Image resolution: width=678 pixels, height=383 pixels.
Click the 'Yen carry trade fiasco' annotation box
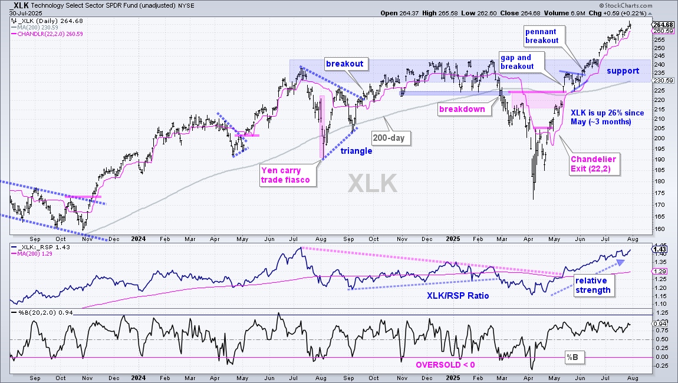[x=288, y=175]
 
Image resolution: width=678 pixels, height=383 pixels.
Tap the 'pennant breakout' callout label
[x=542, y=36]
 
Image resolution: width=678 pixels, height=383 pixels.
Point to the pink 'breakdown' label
[x=462, y=109]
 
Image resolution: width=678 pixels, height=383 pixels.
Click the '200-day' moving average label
[x=389, y=138]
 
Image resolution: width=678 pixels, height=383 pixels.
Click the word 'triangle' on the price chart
[x=356, y=151]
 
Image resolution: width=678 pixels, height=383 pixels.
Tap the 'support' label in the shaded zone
[x=623, y=71]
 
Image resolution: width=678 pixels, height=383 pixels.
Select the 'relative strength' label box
[x=593, y=285]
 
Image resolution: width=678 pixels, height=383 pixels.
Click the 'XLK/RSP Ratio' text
[x=458, y=296]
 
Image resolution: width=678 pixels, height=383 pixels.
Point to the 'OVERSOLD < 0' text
[x=445, y=365]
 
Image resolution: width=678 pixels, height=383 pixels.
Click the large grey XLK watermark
[x=372, y=183]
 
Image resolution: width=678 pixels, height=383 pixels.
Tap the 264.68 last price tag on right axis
[x=663, y=25]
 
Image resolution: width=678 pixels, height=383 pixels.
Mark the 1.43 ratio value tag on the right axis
[x=659, y=249]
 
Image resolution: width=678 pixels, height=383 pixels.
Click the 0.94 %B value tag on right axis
[x=660, y=323]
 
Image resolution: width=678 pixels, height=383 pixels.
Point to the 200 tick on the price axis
[x=659, y=138]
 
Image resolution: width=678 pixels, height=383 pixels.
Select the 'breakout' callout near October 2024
[x=345, y=64]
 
